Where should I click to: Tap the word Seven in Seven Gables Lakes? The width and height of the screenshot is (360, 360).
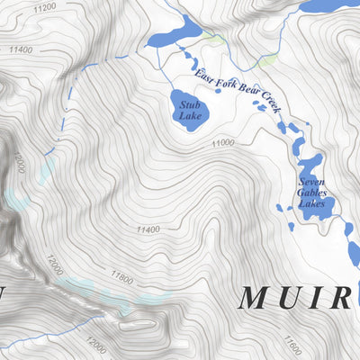(312, 182)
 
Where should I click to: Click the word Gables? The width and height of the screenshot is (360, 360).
(312, 193)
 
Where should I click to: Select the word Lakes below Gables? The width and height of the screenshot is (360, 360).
(312, 203)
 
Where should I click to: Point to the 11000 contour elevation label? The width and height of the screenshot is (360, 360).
(223, 143)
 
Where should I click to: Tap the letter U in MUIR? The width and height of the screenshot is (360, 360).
(293, 297)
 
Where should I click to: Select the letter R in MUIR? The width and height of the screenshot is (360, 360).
(340, 297)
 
